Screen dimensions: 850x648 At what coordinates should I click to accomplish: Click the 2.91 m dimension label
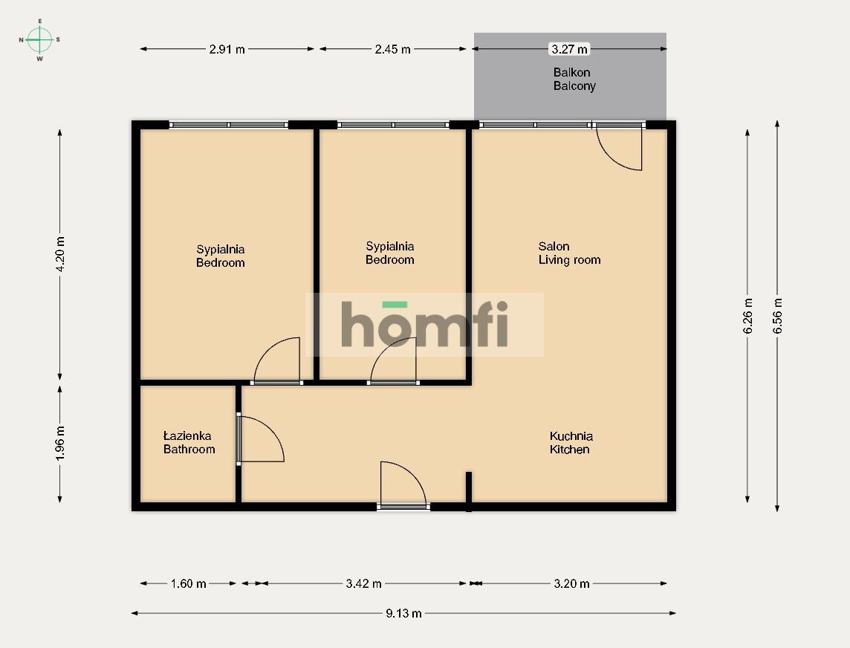[x=227, y=49]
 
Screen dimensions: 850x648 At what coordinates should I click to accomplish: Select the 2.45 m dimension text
[x=392, y=49]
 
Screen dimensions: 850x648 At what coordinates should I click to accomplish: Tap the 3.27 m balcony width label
[x=569, y=49]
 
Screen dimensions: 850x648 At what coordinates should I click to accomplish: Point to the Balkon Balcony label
[x=574, y=80]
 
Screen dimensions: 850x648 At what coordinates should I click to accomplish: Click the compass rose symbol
[x=39, y=39]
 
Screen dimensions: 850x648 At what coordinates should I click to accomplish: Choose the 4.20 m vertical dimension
[x=60, y=254]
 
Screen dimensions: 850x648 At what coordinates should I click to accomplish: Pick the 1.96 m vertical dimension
[x=60, y=444]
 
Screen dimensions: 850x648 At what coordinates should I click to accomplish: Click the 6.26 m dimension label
[x=747, y=316]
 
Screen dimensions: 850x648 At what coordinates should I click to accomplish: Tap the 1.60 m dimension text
[x=188, y=584]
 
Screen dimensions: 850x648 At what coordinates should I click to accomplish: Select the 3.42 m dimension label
[x=364, y=584]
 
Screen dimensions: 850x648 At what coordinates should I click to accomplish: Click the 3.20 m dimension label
[x=571, y=584]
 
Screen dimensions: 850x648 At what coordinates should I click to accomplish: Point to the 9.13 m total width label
[x=403, y=613]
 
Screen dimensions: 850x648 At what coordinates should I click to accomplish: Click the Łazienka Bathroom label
[x=189, y=442]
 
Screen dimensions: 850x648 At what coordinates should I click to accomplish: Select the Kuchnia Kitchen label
[x=571, y=442]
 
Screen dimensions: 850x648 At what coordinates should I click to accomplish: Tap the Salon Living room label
[x=569, y=253]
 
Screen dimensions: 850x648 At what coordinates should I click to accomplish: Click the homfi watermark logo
[x=424, y=324]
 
